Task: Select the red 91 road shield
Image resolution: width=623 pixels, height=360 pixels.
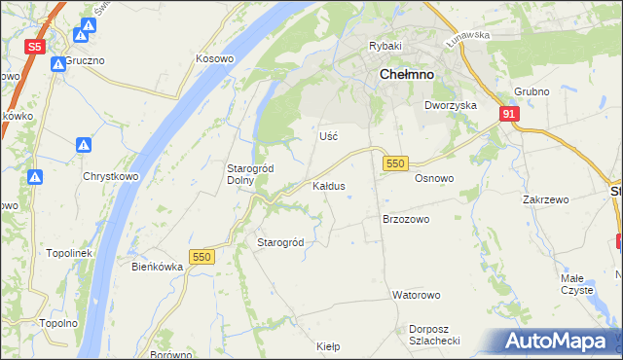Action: coord(509,115)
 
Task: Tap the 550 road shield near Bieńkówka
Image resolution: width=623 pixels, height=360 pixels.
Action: coord(202,256)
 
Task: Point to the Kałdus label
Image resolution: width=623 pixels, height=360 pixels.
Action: coord(328,185)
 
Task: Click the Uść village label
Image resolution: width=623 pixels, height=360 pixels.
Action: coord(329,136)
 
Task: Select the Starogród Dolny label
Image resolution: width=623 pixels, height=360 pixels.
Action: coord(250,174)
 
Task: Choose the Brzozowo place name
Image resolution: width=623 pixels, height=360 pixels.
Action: coord(406,220)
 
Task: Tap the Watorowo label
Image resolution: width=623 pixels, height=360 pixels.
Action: coord(417,294)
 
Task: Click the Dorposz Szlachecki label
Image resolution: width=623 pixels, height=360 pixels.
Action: coord(434,334)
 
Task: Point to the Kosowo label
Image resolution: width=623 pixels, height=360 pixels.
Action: coord(215,58)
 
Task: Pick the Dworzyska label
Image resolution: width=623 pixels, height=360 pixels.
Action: coord(450,105)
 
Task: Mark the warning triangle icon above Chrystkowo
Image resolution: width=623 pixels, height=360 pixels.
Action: coord(85,146)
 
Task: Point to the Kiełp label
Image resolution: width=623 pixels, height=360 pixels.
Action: coord(328,345)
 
